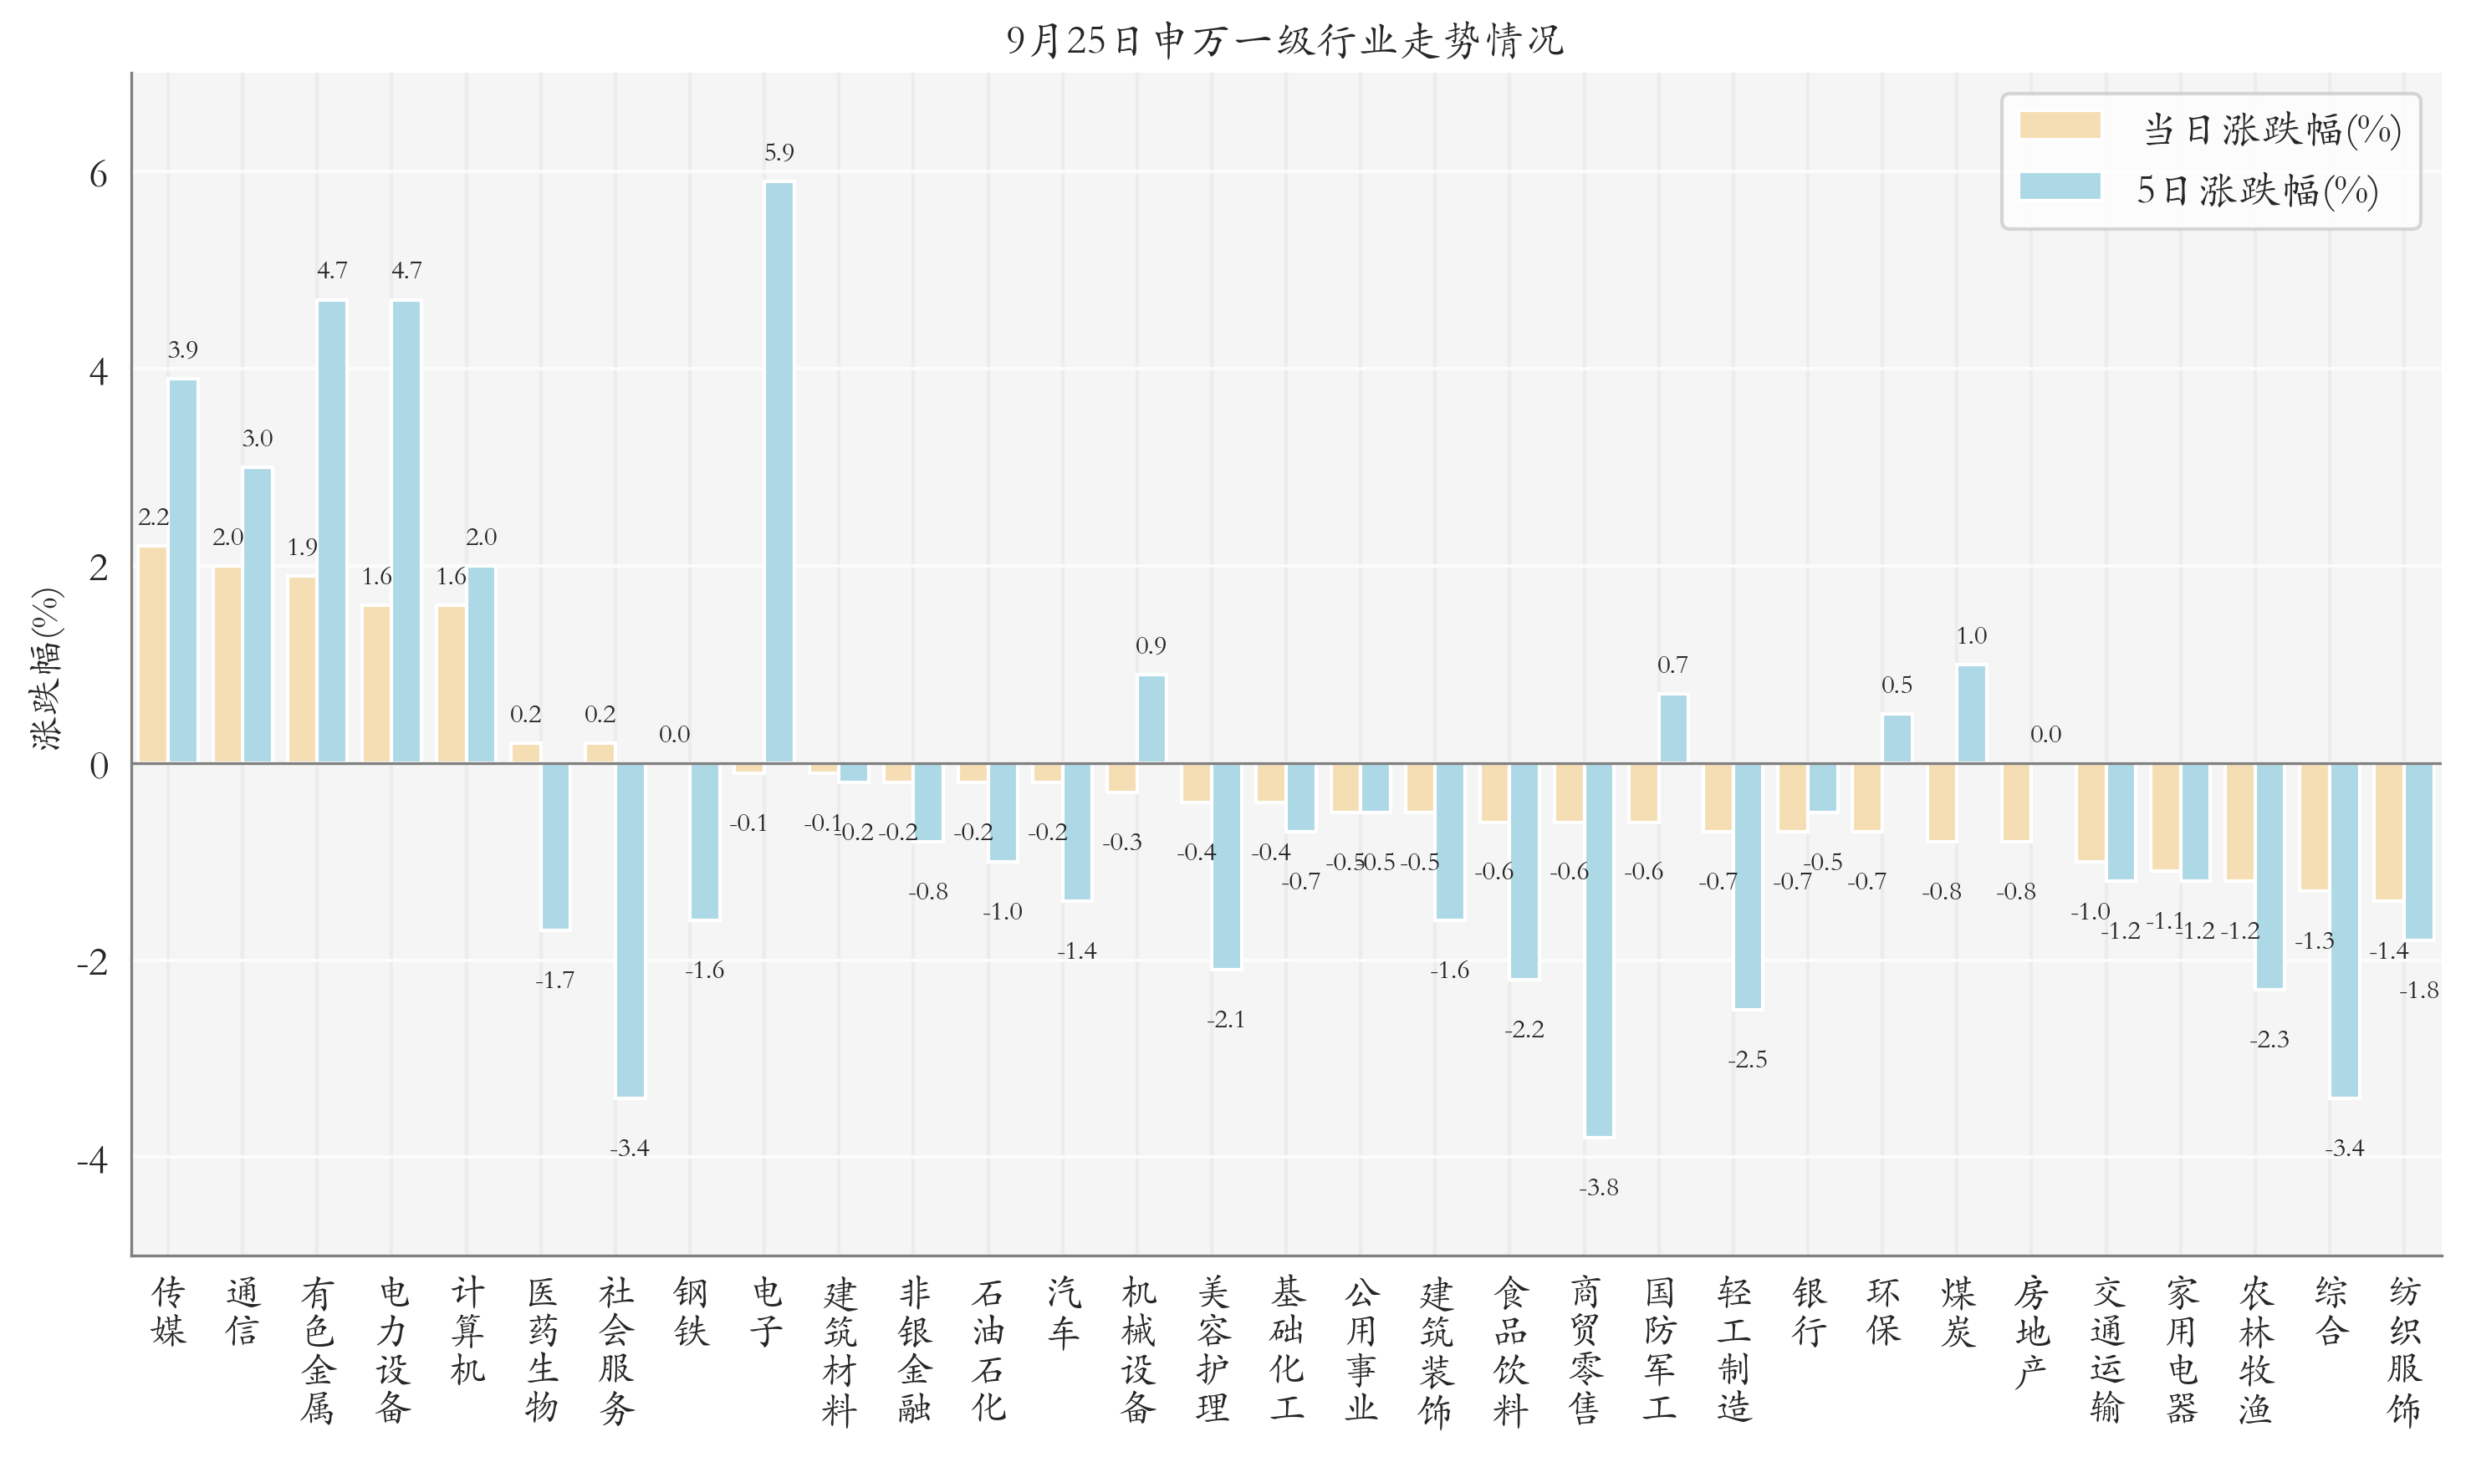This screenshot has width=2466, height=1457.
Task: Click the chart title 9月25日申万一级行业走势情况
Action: coord(1284,40)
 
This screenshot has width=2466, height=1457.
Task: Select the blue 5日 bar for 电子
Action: coord(779,471)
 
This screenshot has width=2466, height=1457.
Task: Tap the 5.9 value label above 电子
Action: coord(779,152)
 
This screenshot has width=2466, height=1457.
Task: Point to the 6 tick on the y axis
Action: coord(98,175)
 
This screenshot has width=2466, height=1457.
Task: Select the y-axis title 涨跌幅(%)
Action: coord(46,669)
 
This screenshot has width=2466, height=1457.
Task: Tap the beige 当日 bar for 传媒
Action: coord(153,654)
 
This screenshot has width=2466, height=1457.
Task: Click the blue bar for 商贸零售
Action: coord(1598,949)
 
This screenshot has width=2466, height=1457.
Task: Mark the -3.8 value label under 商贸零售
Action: coord(1598,1187)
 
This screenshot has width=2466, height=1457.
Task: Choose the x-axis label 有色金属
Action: coord(317,1349)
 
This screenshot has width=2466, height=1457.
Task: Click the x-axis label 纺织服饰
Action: coord(2404,1349)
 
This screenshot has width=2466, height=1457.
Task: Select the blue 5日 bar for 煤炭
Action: coord(1970,714)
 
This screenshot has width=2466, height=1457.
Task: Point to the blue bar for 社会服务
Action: coord(630,929)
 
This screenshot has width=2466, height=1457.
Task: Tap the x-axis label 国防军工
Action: coord(1659,1349)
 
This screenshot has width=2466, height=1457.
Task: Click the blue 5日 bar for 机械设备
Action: coord(1151,719)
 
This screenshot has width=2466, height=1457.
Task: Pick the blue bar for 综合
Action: coord(2343,929)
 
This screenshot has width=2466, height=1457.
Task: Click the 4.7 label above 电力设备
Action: coord(406,270)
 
